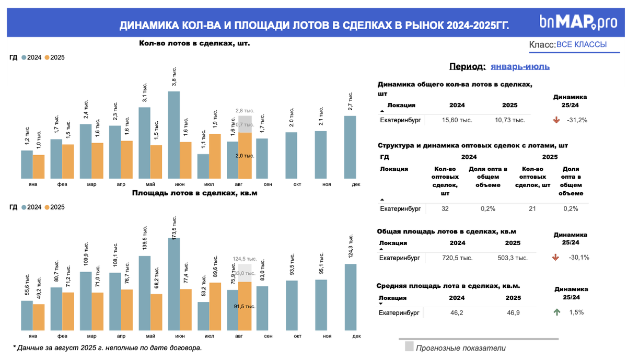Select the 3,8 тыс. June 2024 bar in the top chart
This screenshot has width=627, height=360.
tap(173, 134)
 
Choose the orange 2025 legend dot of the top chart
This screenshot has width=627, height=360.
tap(47, 57)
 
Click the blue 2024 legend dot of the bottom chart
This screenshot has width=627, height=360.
tap(24, 207)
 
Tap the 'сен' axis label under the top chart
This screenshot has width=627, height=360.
tap(267, 184)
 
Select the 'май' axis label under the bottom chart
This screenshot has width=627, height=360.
tap(150, 336)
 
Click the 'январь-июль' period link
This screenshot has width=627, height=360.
tap(520, 66)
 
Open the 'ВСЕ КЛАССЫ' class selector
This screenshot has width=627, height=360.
tap(581, 45)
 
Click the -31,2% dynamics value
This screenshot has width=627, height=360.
tap(577, 120)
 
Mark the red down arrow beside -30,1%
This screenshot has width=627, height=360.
tap(555, 257)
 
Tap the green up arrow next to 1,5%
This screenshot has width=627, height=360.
tap(556, 312)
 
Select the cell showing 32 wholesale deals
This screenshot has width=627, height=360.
tap(445, 208)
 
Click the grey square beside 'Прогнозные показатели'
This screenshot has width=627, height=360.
tap(409, 346)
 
